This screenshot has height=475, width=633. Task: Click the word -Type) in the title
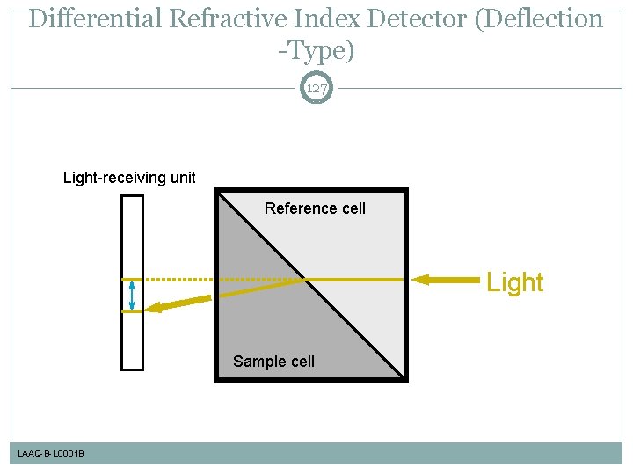coord(316,51)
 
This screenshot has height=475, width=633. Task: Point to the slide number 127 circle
coord(316,88)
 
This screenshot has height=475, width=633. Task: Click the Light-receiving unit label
coord(129,178)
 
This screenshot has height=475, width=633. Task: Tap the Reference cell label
coord(315,208)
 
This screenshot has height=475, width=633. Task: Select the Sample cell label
coord(273,362)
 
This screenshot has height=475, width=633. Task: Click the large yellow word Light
coord(515,282)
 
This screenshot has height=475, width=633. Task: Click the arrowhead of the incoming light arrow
coord(421,280)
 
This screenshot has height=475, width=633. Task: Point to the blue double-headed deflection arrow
coord(132,296)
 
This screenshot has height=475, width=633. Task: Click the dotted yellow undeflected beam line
coord(180,280)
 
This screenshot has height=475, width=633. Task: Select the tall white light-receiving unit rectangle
coord(132,281)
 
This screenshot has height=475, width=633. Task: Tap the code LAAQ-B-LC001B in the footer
coord(51,454)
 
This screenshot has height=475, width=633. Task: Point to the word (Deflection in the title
coord(539,19)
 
